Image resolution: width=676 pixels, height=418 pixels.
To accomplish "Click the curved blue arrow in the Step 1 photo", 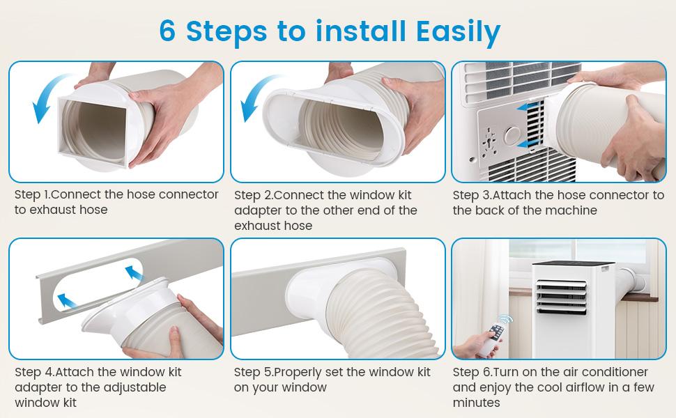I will point(47,98).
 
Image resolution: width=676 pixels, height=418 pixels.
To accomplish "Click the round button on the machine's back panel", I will point(514,135).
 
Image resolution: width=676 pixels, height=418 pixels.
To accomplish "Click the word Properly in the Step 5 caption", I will point(297,373).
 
